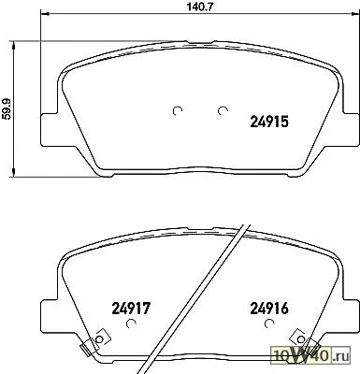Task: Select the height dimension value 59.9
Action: click(7, 108)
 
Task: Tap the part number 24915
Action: click(269, 122)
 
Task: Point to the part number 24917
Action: click(131, 309)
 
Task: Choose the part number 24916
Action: click(269, 309)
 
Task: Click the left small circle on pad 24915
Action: click(178, 110)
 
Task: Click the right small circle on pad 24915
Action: click(223, 110)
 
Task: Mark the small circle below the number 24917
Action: click(131, 324)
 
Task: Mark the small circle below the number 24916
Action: click(268, 324)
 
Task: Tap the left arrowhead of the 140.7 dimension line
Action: click(45, 14)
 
